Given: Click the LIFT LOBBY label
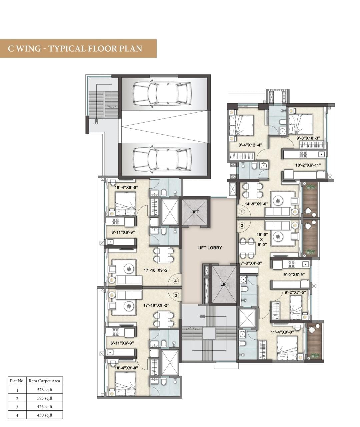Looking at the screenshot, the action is (210, 248).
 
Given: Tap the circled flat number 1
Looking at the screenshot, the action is (242, 212).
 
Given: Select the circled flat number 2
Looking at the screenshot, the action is (242, 226).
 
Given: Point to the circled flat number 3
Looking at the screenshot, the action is (176, 295).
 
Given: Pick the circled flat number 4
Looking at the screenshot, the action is (175, 281).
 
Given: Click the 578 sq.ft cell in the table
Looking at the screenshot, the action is (45, 390).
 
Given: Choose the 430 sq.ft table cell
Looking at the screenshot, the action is (45, 415).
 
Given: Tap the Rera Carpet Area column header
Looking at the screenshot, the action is (44, 381).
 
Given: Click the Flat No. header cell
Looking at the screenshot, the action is (17, 381).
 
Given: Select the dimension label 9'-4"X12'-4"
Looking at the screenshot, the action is (250, 145).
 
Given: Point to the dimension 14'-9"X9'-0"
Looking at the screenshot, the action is (256, 204).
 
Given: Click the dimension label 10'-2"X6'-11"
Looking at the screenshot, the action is (308, 165).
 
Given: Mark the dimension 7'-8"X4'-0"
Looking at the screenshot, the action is (251, 263).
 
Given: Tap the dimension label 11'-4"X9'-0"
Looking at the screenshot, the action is (282, 332).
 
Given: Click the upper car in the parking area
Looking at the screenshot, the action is (162, 94).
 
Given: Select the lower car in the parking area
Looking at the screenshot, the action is (162, 159).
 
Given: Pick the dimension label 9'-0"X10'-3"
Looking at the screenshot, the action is (308, 138).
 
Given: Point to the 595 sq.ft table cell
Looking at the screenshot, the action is (45, 398).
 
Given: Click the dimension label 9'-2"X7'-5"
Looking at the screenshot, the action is (295, 293).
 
